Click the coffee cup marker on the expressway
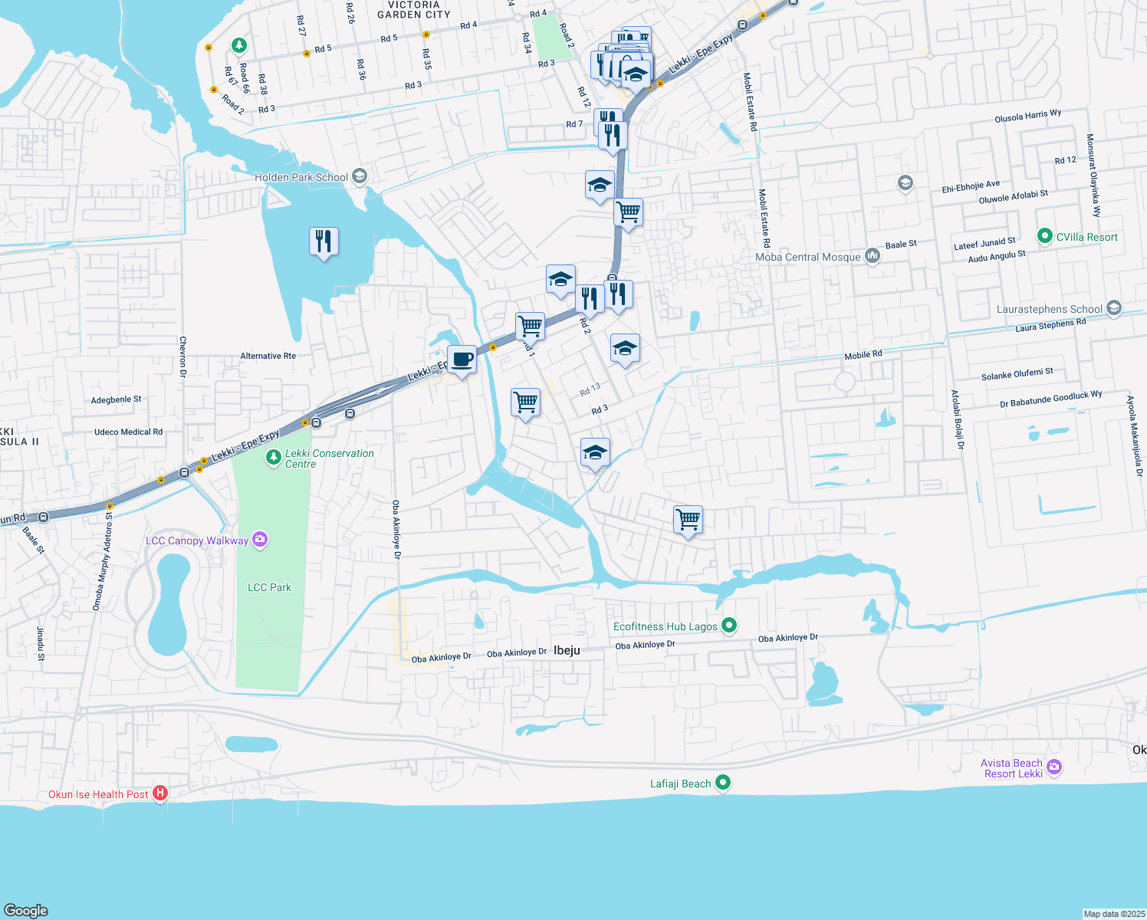(462, 360)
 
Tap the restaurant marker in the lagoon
(324, 242)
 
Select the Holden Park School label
(301, 177)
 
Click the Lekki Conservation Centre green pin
(273, 458)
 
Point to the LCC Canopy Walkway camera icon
(260, 540)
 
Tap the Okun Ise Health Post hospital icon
(160, 793)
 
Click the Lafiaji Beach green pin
(723, 783)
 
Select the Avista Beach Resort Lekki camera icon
(1054, 767)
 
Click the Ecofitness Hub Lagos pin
(729, 626)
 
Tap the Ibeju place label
(567, 650)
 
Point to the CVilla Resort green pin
(1044, 236)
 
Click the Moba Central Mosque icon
(872, 256)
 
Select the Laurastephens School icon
(1114, 308)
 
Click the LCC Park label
(269, 587)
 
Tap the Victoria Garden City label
(414, 9)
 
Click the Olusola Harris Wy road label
(1027, 117)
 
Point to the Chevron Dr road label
(182, 356)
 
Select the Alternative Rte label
(268, 356)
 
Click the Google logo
(26, 910)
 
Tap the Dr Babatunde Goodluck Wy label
(1050, 399)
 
